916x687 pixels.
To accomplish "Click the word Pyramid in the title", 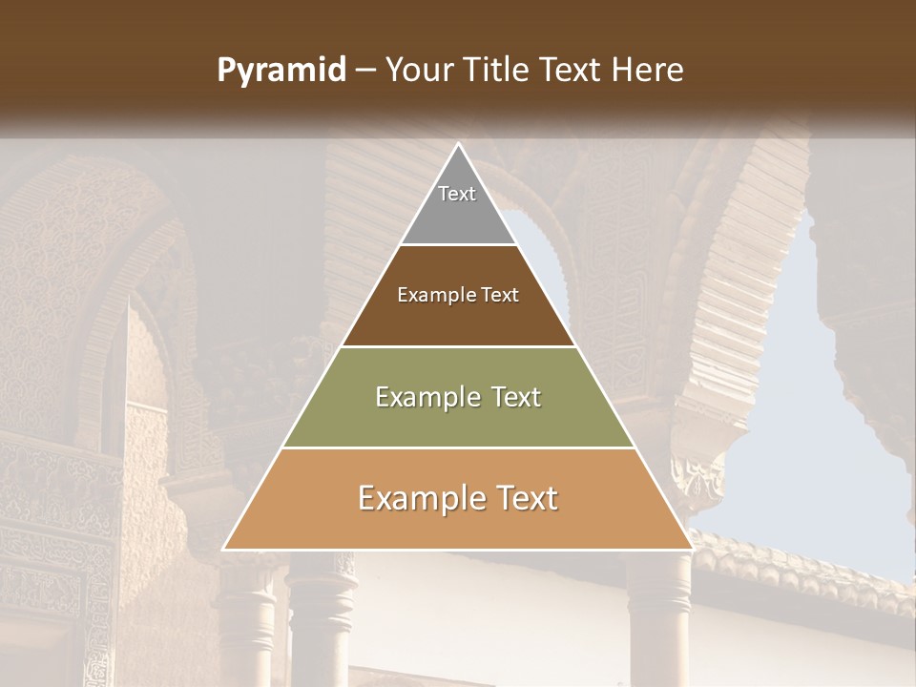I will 281,71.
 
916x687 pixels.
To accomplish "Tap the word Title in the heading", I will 500,71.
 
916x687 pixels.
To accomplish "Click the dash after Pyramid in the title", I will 365,72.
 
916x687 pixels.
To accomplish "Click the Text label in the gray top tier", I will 457,194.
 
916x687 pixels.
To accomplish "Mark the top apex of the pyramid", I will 458,145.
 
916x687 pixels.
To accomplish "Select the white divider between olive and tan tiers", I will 458,448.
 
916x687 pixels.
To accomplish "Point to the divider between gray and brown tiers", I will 458,245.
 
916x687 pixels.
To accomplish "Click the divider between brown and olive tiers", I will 458,346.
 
